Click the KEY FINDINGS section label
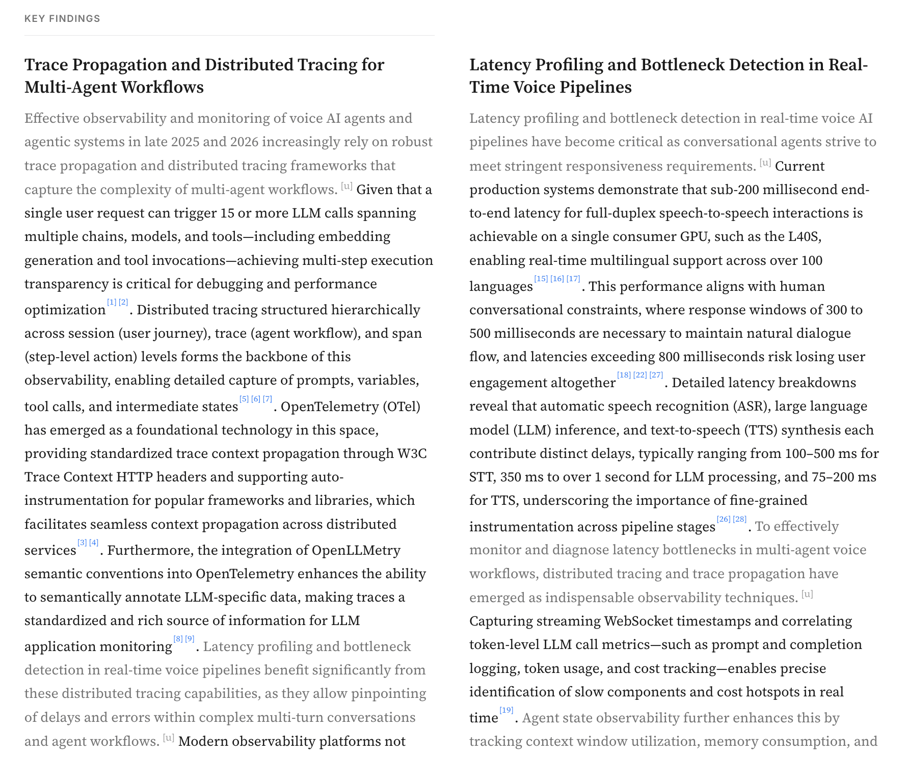pos(62,19)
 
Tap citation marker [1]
pos(112,303)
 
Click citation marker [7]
pos(268,399)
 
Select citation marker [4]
pos(94,543)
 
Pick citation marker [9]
pos(190,639)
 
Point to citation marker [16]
pos(557,279)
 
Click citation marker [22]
pos(640,375)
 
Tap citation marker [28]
pos(740,519)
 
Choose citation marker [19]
pos(506,710)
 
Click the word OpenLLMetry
pos(356,550)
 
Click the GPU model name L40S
pos(804,236)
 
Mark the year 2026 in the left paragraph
pos(244,142)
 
